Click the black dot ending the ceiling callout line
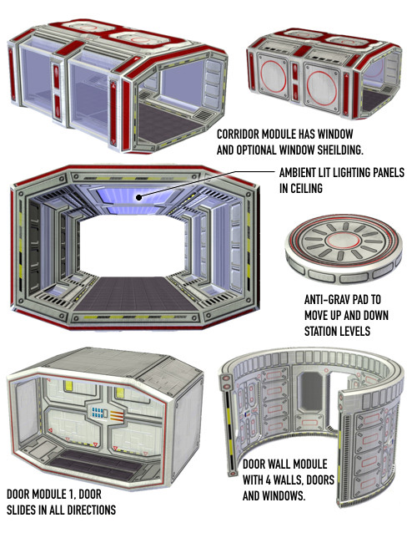coord(138,197)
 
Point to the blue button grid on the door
coord(98,412)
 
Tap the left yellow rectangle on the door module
coord(68,385)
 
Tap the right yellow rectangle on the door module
coord(120,393)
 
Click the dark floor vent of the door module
coord(95,463)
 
